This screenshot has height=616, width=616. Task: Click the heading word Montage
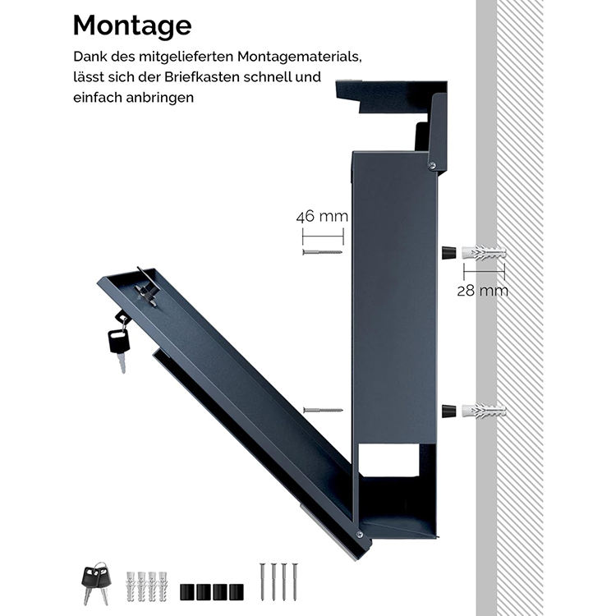coord(131,25)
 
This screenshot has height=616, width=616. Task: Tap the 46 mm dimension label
coord(322,218)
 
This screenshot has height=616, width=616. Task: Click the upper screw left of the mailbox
coord(322,251)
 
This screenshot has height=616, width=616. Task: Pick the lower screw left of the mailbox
coord(322,409)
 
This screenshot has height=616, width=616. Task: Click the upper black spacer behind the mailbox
coord(448,251)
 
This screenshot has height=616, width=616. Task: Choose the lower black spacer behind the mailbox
coord(448,410)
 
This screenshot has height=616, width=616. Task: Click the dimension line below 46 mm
coord(322,237)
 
